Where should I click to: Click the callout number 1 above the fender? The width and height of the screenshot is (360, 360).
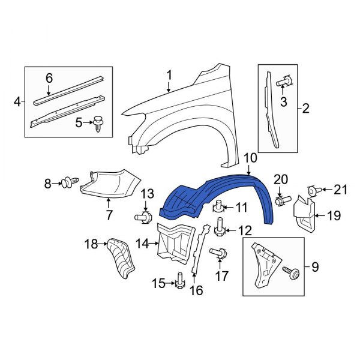point(169,75)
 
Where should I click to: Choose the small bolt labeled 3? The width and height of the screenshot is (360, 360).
point(286,81)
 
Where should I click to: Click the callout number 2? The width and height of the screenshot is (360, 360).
point(305,109)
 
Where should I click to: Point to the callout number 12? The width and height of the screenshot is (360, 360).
point(245,230)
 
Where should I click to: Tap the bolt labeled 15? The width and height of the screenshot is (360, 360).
point(179,280)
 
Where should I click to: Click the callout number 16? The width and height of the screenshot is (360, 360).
point(196,291)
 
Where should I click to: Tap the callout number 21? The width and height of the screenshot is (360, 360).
point(340,190)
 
